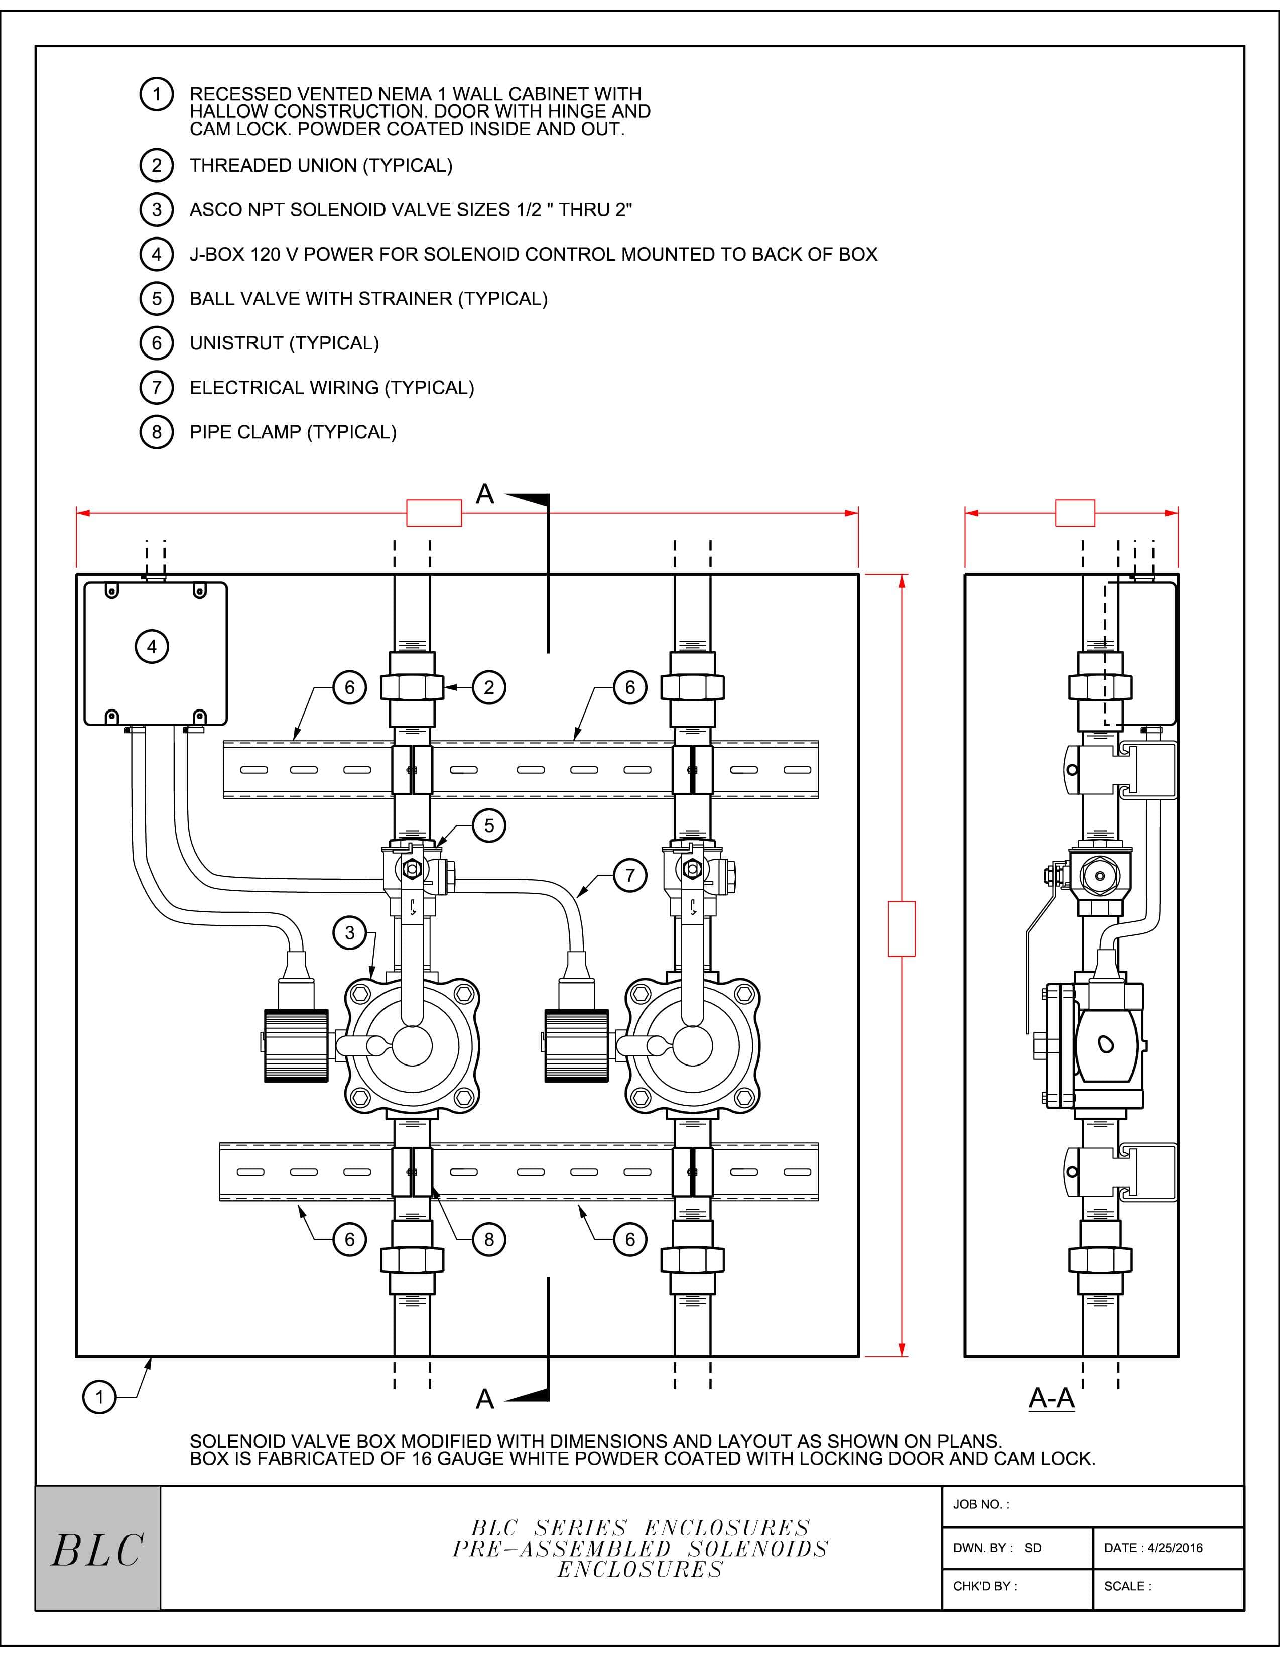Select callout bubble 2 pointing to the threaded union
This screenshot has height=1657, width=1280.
[488, 687]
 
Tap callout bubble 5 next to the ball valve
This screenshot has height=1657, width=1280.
[488, 825]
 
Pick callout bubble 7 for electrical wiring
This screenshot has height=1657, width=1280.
[629, 875]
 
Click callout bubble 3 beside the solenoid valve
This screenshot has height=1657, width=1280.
[349, 932]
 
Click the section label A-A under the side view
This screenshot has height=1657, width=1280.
[1051, 1397]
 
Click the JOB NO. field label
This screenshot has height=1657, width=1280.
[980, 1504]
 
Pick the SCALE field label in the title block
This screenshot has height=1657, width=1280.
[1127, 1586]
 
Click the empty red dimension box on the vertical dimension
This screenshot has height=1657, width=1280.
[901, 928]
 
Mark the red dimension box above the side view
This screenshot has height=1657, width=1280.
[1075, 513]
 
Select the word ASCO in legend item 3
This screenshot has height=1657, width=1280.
[214, 210]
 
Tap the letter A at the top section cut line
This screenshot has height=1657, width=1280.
[484, 495]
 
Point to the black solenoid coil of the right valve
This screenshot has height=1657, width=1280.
[576, 1045]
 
